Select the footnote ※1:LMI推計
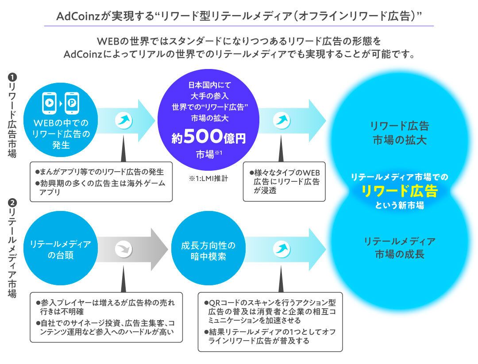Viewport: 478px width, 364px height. (208, 179)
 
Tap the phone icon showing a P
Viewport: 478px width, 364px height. (72, 103)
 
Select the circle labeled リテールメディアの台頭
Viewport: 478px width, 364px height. (61, 250)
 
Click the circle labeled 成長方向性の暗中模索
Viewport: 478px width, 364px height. (208, 250)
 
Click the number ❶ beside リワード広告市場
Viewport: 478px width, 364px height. (13, 77)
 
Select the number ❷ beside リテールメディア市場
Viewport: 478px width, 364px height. (13, 203)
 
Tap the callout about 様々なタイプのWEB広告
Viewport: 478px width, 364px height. (285, 181)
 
